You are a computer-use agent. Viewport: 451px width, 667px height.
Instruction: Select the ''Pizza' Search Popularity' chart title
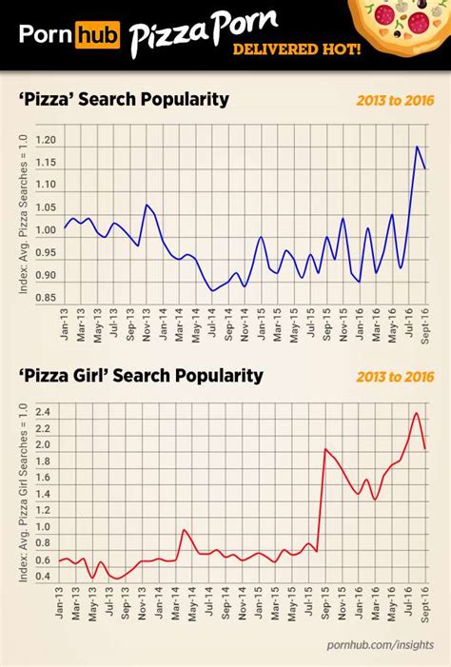[x=124, y=99]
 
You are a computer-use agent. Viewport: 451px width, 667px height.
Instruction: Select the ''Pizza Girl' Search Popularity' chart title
[x=141, y=376]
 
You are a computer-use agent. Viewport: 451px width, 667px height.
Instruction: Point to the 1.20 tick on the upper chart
[x=46, y=140]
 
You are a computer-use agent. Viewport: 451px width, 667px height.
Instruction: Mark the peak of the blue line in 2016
[x=416, y=147]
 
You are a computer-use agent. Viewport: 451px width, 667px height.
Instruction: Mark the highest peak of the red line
[x=416, y=413]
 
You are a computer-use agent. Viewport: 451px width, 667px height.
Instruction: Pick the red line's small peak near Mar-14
[x=184, y=530]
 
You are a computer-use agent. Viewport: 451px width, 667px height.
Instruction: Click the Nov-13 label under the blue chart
[x=147, y=324]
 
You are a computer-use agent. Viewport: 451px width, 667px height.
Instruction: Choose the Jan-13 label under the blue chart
[x=65, y=324]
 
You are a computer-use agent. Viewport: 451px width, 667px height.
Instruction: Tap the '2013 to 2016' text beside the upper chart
[x=387, y=100]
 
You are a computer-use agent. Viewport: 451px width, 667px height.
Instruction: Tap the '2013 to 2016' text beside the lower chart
[x=387, y=377]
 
